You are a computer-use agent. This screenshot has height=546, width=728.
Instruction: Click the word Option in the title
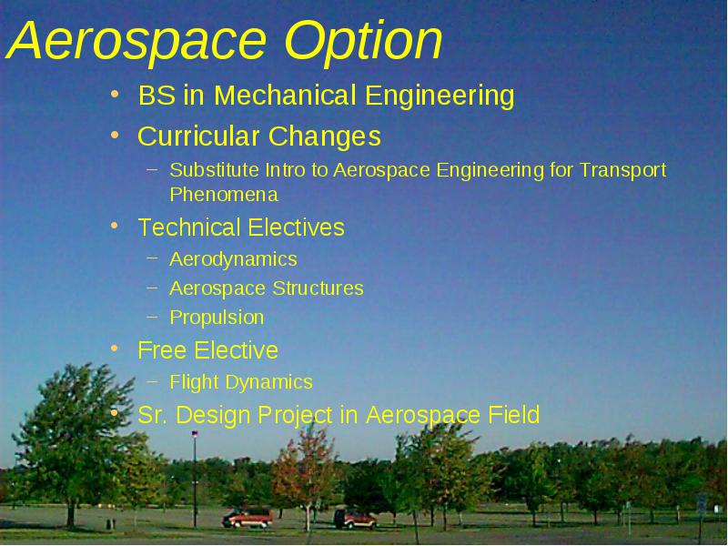tap(363, 41)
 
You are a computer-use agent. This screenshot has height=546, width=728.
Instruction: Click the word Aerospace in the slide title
tap(136, 41)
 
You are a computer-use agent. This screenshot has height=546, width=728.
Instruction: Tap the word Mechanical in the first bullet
tap(285, 96)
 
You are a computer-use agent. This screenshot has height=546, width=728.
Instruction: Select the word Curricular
tap(198, 136)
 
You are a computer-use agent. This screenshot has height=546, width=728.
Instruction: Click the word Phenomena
tap(224, 195)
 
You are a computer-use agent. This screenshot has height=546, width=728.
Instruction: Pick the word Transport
tap(622, 171)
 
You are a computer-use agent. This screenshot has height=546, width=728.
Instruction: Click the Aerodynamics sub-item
tap(233, 259)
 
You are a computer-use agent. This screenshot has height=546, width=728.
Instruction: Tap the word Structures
tap(318, 288)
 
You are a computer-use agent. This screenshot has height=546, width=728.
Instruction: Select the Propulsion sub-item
tap(217, 318)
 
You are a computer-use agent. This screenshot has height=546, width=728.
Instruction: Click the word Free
tap(163, 350)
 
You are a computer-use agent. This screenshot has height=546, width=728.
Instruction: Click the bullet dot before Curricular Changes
tap(115, 136)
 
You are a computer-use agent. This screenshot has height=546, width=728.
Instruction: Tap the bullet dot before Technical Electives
tap(115, 227)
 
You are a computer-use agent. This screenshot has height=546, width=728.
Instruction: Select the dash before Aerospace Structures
tap(152, 288)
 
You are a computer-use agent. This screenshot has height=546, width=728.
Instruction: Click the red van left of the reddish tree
tap(248, 518)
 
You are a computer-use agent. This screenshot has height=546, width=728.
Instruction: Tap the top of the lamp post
tap(195, 434)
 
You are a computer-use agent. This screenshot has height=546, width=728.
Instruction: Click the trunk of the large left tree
tap(71, 513)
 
